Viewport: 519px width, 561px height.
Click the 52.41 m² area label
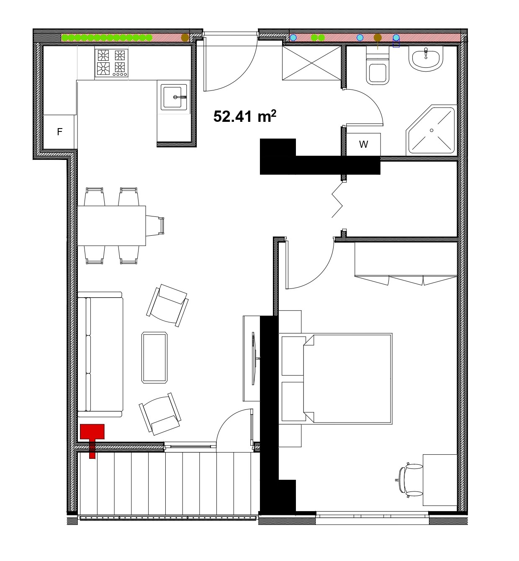click(245, 116)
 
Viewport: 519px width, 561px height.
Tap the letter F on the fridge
click(59, 131)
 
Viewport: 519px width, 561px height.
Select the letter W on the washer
click(363, 144)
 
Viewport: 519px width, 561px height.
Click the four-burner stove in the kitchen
click(111, 63)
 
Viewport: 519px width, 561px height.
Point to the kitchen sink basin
click(174, 97)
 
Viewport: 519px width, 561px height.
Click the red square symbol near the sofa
click(92, 431)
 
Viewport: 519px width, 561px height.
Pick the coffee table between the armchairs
click(154, 358)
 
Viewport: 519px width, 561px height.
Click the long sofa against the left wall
click(100, 354)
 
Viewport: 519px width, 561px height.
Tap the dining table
click(112, 226)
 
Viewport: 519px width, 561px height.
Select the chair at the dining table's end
click(155, 226)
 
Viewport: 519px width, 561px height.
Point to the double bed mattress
click(347, 378)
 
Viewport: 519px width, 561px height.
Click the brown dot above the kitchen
click(185, 38)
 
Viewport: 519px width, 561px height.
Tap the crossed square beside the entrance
click(311, 63)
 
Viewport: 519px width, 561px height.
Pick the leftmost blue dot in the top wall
click(293, 37)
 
